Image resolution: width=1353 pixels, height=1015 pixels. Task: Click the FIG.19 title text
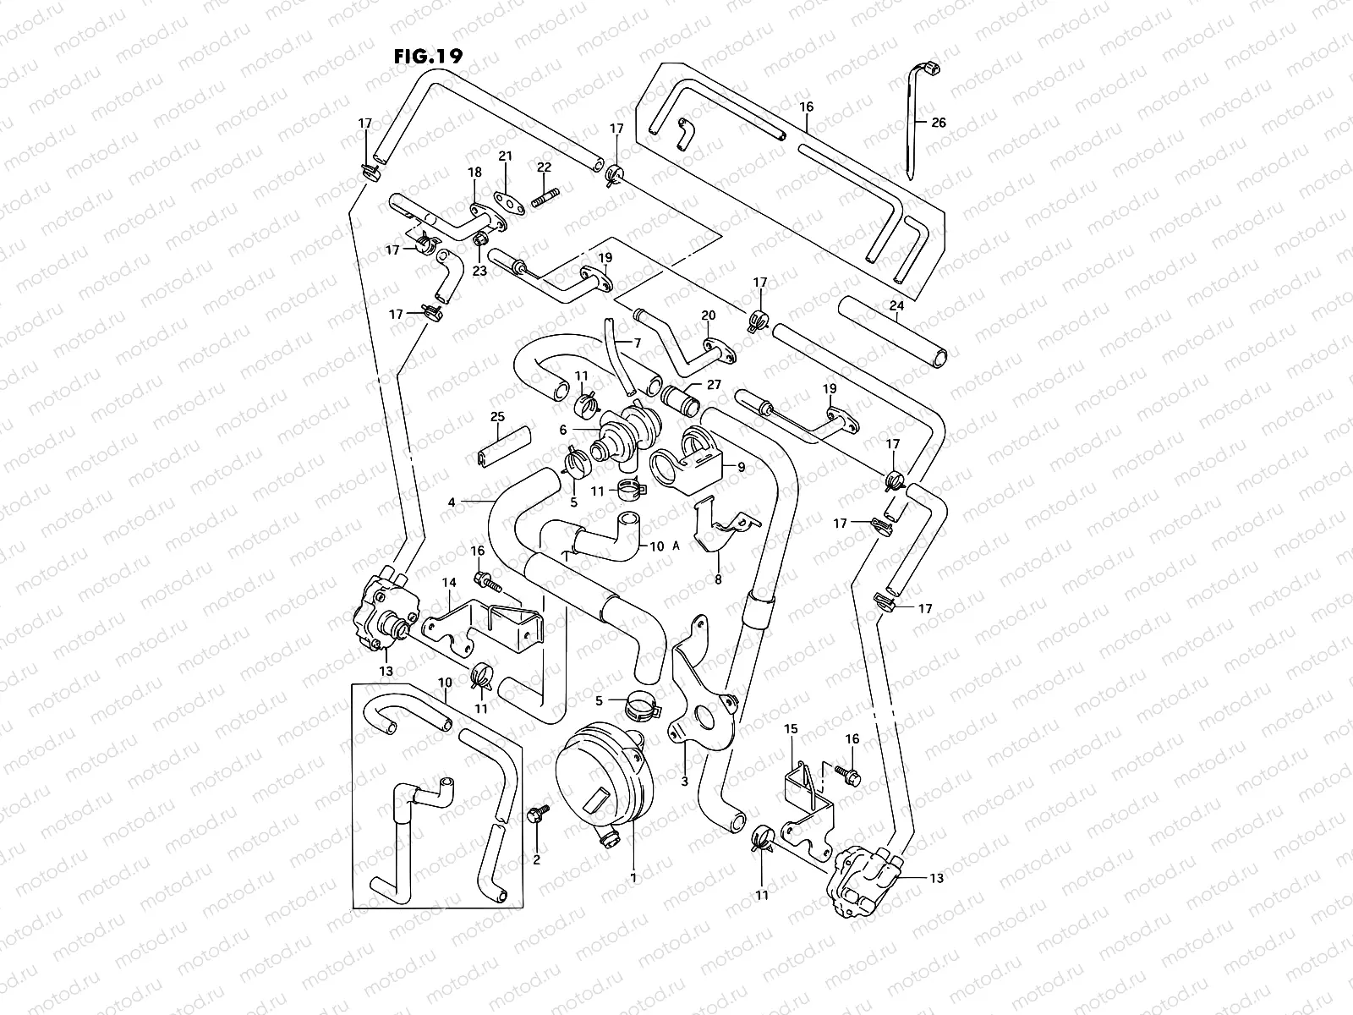(427, 57)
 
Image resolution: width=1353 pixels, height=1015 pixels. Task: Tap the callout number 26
(939, 122)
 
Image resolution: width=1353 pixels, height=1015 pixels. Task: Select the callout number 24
(896, 305)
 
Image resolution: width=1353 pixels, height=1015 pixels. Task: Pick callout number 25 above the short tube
(496, 416)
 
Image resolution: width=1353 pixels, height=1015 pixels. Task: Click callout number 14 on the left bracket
(448, 582)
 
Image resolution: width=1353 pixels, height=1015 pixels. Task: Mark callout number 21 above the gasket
(506, 156)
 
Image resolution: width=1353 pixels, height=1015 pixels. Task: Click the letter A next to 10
(676, 546)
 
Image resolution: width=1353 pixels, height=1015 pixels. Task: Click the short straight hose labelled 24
(894, 332)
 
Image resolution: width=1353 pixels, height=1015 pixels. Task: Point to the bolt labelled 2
(534, 815)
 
